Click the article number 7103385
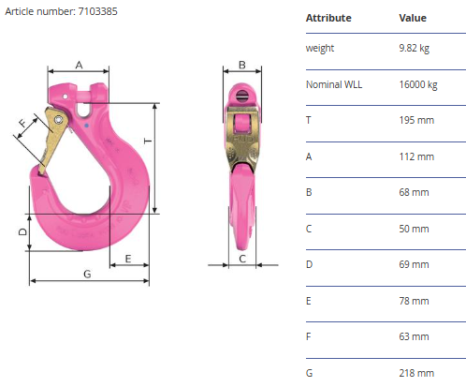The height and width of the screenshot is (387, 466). [97, 11]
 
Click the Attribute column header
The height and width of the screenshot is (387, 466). [328, 18]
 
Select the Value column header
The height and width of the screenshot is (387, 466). [413, 18]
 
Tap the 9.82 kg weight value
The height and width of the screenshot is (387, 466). [415, 48]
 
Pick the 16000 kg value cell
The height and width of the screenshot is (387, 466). [418, 84]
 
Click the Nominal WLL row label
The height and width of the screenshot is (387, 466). [334, 84]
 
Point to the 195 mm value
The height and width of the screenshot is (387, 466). [416, 120]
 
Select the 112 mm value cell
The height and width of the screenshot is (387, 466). [416, 156]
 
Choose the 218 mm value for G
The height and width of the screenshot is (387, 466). [416, 373]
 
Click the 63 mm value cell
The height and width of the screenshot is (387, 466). [414, 336]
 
